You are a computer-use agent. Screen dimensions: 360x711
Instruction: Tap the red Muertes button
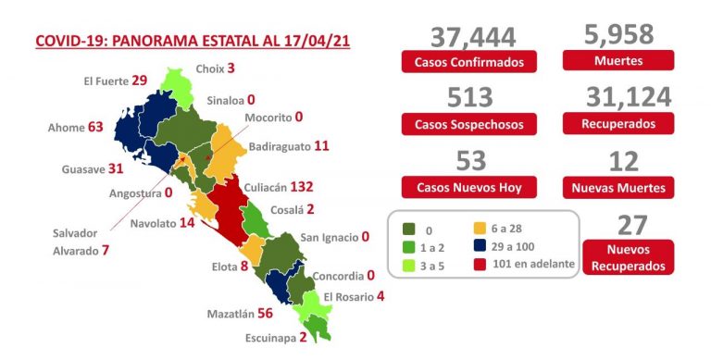[x=618, y=62]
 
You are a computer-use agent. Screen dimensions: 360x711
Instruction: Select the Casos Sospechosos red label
[x=469, y=124]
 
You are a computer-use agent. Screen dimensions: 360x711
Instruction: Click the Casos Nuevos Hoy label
[x=469, y=188]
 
